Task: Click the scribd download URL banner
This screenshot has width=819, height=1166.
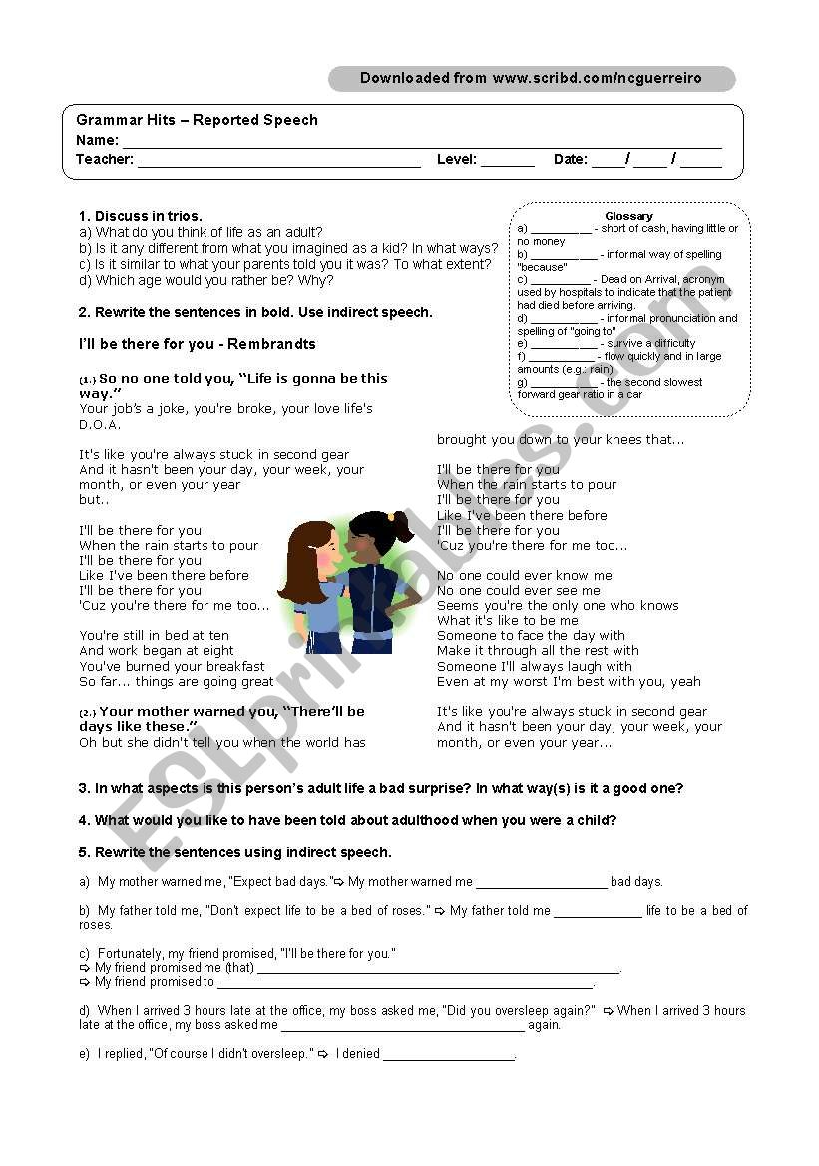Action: pos(531,78)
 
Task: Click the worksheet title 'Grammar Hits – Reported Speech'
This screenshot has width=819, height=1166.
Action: pos(197,120)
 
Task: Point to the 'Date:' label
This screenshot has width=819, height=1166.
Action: pos(570,159)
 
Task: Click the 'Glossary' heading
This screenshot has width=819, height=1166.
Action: pos(628,216)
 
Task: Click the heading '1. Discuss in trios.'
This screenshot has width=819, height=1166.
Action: pos(141,216)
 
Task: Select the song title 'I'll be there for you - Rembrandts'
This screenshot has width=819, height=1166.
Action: pos(198,344)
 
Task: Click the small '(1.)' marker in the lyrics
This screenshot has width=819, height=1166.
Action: pos(87,380)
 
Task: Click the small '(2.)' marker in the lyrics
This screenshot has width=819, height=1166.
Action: pos(88,713)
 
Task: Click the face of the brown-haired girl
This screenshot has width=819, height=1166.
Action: pos(321,555)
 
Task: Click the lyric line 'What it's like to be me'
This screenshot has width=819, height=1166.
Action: pos(507,620)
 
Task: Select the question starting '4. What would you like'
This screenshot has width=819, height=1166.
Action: pos(347,820)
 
